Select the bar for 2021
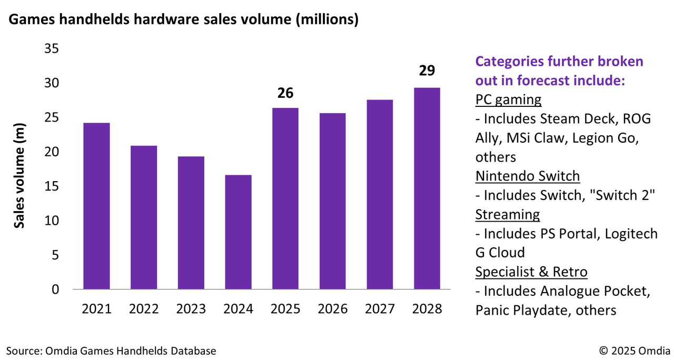96,206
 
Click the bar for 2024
238,232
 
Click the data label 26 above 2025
285,93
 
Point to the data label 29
427,71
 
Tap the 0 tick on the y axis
55,289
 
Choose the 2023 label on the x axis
191,309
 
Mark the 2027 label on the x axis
380,309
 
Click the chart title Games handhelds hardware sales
183,20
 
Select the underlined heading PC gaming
508,100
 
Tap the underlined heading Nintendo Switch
527,176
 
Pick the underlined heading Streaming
507,215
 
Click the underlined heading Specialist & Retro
531,272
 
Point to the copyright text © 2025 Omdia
634,351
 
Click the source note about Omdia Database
111,351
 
